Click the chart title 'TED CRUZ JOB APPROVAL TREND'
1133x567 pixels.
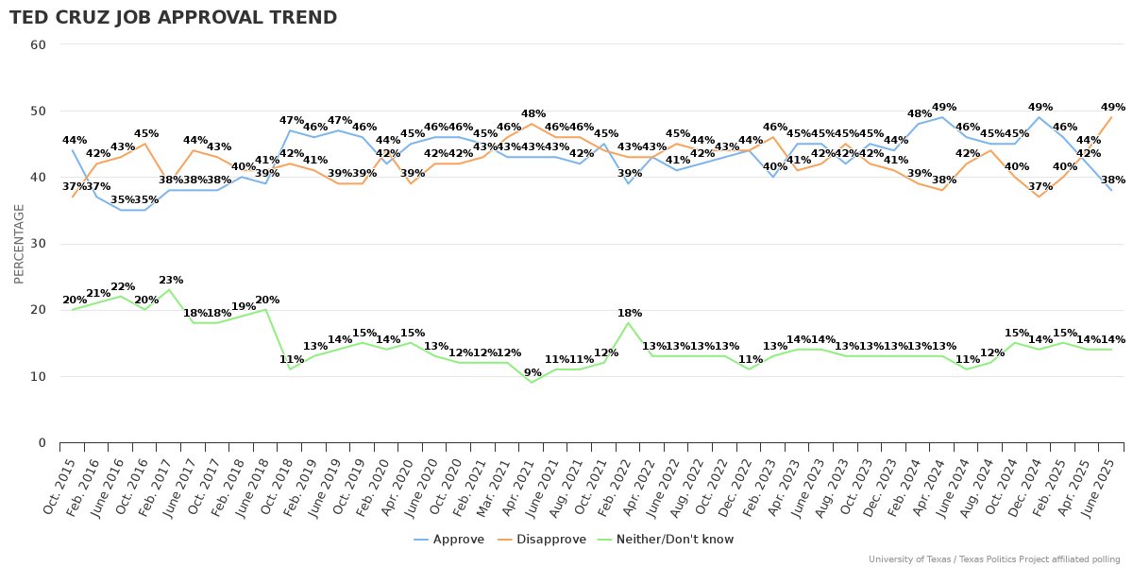(x=173, y=18)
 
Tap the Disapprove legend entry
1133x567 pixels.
(x=549, y=540)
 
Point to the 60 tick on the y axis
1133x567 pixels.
(x=40, y=44)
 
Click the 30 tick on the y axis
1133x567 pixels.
(x=40, y=244)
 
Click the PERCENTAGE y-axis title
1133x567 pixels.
(x=19, y=243)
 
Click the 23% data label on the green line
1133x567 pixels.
(x=171, y=281)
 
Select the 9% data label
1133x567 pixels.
(x=533, y=372)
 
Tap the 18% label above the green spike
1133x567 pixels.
(x=630, y=314)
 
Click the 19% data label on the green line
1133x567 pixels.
(x=244, y=307)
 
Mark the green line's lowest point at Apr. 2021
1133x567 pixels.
(x=532, y=383)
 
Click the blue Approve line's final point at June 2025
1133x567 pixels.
(x=1111, y=190)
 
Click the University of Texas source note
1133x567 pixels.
(x=994, y=559)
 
